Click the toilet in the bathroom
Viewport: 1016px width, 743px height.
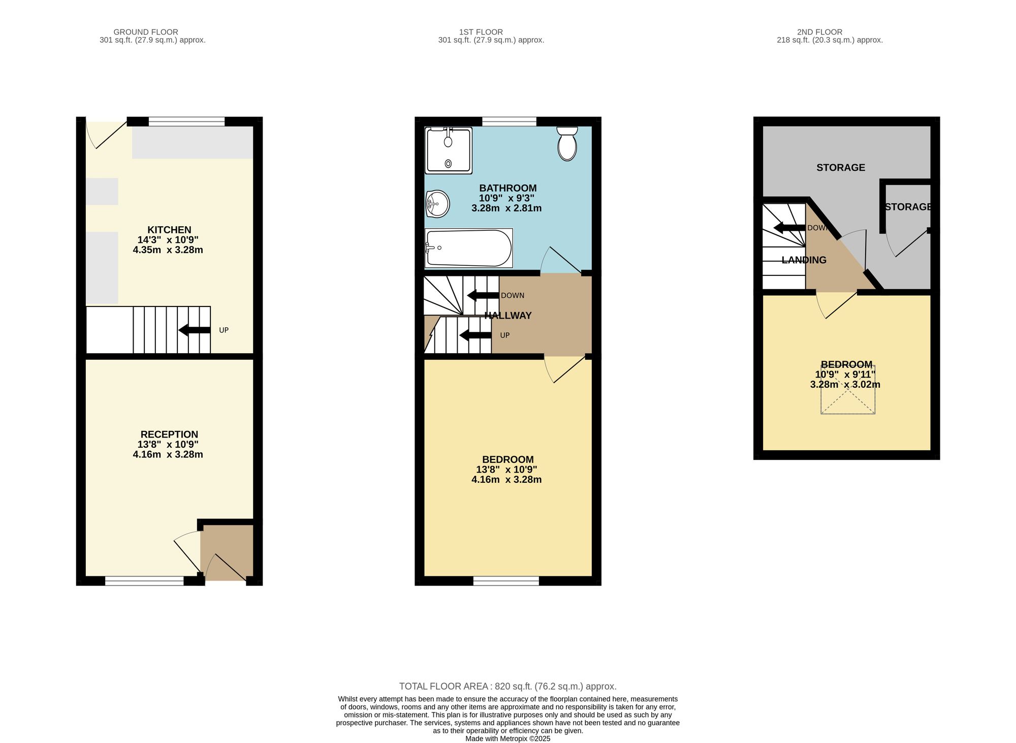click(x=567, y=144)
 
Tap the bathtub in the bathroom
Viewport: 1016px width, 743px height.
click(x=468, y=248)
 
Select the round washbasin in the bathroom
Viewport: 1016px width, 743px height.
click(x=437, y=204)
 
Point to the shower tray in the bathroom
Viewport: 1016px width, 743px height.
click(x=449, y=150)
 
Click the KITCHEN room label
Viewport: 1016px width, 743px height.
click(x=169, y=230)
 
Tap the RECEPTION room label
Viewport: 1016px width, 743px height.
click(x=169, y=435)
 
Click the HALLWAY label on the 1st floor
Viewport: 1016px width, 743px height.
click(x=508, y=316)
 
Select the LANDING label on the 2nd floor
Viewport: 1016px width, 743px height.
click(x=804, y=260)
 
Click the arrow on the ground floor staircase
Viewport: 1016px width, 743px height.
click(x=194, y=330)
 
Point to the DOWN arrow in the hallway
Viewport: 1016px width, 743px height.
click(x=483, y=295)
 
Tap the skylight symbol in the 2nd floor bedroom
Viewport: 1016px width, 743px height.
click(x=848, y=389)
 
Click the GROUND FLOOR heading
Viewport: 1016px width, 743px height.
click(x=146, y=32)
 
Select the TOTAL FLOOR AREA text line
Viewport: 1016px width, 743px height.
click(x=508, y=687)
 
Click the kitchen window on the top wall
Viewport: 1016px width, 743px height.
click(x=186, y=121)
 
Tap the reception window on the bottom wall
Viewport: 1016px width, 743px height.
click(x=144, y=581)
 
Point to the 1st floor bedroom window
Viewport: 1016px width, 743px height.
click(x=506, y=581)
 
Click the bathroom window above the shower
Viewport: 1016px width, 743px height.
click(x=509, y=121)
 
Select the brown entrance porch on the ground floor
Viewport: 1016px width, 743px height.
click(x=227, y=553)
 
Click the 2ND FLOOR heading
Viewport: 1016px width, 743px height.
click(x=820, y=32)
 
